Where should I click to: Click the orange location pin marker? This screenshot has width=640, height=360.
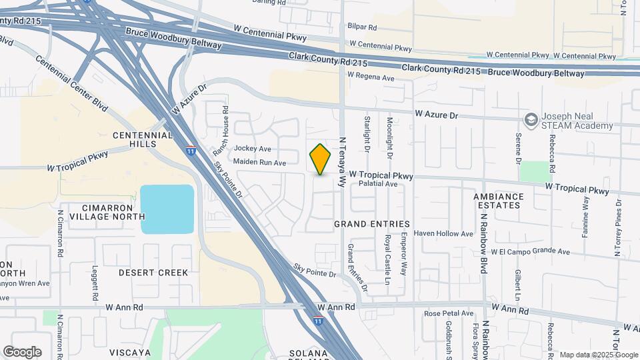click(321, 159)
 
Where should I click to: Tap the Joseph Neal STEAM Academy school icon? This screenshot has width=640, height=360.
click(531, 121)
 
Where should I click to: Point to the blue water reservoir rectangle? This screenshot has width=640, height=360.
click(167, 209)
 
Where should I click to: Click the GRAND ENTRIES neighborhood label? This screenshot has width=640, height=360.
click(372, 225)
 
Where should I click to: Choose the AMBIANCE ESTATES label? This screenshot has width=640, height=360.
click(507, 201)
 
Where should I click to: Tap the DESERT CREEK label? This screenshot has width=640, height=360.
click(153, 273)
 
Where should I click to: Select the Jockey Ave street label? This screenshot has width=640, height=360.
click(253, 149)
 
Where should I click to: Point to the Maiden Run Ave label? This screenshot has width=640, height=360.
click(260, 162)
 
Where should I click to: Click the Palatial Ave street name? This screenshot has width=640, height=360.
click(378, 183)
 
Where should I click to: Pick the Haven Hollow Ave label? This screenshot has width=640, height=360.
click(443, 233)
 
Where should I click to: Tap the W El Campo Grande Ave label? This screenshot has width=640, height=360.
click(531, 252)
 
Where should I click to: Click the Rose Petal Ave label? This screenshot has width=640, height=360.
click(449, 313)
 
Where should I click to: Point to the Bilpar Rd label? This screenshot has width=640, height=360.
click(363, 28)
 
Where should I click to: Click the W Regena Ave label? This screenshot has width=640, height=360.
click(371, 77)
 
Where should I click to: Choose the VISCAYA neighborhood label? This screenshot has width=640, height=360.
click(130, 352)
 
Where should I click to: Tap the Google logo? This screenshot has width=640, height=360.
click(22, 352)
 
